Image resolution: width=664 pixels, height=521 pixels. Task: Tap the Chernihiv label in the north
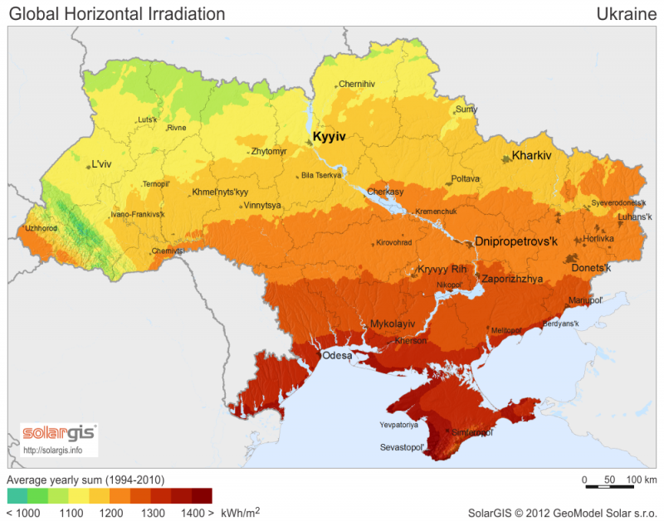click(357, 84)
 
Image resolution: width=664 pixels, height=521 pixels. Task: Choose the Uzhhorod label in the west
click(41, 227)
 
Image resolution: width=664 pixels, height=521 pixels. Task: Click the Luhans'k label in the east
click(634, 219)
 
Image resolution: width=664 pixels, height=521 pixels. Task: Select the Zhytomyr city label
click(269, 151)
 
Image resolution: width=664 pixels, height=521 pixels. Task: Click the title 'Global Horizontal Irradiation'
click(116, 14)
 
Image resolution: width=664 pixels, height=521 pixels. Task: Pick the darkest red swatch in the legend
click(203, 496)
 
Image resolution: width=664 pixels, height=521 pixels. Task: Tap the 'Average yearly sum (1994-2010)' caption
click(85, 480)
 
